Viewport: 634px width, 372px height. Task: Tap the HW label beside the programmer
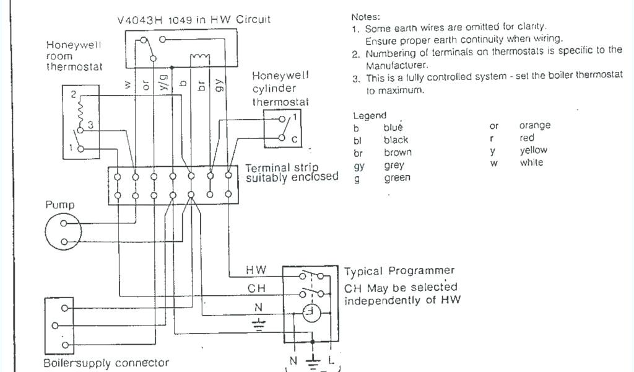point(256,270)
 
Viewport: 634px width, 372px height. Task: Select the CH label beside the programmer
point(256,288)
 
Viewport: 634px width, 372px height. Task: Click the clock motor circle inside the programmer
point(311,314)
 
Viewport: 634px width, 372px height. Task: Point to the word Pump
point(59,205)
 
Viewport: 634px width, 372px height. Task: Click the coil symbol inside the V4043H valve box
point(199,58)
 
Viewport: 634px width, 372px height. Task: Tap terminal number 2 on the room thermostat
point(73,95)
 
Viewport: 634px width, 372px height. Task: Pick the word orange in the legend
point(534,126)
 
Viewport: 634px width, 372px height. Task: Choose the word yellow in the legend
point(533,150)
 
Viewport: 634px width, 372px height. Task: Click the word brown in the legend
point(397,153)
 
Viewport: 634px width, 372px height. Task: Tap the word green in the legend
point(396,178)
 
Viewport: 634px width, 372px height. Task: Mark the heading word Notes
point(366,17)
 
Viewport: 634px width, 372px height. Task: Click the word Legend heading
point(370,115)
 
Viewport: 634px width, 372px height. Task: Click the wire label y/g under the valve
point(163,83)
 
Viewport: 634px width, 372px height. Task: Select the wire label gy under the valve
point(220,83)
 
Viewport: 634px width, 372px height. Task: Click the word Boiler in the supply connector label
point(59,363)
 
